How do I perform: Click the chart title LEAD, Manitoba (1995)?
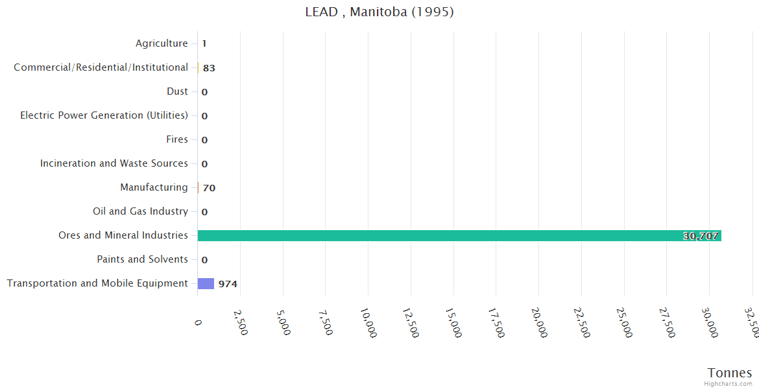click(x=379, y=12)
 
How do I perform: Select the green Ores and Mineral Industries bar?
click(x=459, y=235)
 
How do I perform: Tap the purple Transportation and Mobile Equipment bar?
click(x=206, y=283)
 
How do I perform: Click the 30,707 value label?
click(x=701, y=236)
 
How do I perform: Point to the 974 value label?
click(x=228, y=284)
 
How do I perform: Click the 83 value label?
click(x=209, y=68)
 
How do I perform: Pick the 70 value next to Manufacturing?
click(x=209, y=188)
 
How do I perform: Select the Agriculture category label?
click(x=162, y=43)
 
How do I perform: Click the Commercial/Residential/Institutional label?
click(x=101, y=67)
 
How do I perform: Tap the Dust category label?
click(x=177, y=91)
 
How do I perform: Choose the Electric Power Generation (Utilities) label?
click(x=104, y=115)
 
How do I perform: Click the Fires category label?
click(x=177, y=139)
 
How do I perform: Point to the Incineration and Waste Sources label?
click(x=114, y=163)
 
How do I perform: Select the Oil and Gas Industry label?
click(x=140, y=211)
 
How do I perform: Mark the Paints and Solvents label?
click(x=142, y=259)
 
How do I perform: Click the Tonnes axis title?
click(x=730, y=373)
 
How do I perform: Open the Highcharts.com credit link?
click(x=729, y=384)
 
